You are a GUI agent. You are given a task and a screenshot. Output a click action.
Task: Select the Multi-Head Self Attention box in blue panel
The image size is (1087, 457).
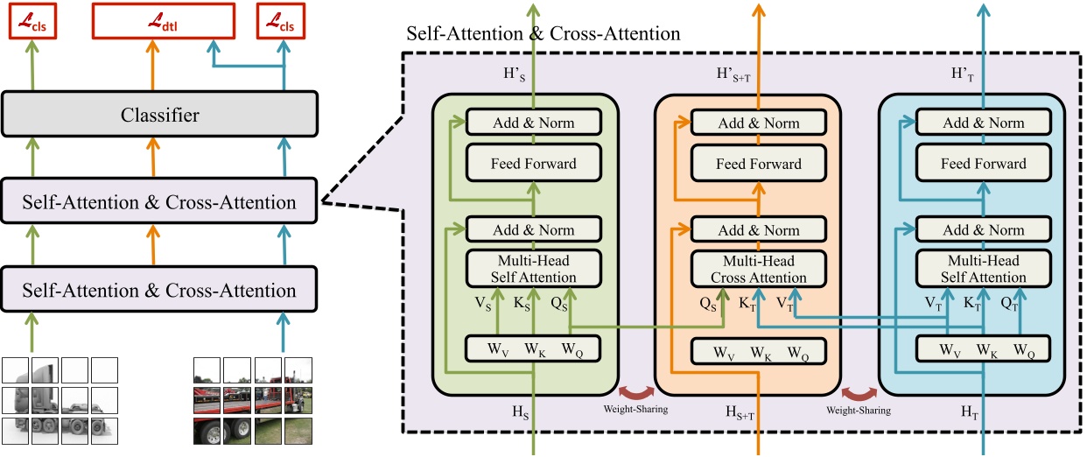[983, 269]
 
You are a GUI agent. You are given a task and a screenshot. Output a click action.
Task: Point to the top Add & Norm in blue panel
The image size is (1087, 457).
[983, 123]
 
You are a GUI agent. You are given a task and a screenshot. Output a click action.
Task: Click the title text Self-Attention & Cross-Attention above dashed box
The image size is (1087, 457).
[543, 34]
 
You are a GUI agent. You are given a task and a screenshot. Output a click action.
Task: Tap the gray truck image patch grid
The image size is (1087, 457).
[60, 399]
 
